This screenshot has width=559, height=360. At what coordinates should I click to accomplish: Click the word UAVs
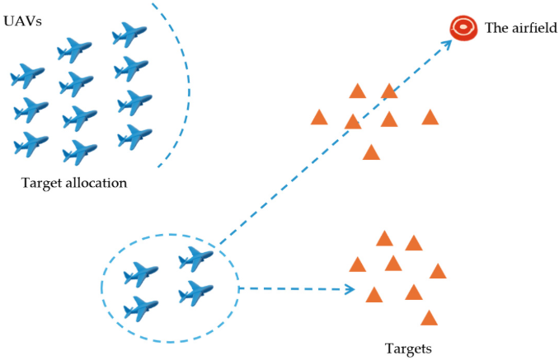[x=22, y=17]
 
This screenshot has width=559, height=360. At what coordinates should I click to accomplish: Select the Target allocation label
[x=73, y=182]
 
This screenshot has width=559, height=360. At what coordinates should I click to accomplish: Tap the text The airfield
[x=521, y=28]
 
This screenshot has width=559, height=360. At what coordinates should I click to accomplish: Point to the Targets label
[x=407, y=348]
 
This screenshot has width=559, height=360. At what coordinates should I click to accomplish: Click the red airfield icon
[x=463, y=29]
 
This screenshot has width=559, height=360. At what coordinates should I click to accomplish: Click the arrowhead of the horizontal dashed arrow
[x=350, y=289]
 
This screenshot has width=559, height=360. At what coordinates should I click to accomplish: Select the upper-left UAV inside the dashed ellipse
[x=145, y=272]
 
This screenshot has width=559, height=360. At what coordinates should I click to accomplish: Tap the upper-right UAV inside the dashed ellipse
[x=195, y=259]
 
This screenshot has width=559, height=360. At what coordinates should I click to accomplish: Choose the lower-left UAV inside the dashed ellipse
[x=141, y=308]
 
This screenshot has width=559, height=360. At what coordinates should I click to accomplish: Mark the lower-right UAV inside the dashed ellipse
[x=195, y=292]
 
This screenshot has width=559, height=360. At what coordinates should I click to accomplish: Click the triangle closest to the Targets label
[x=428, y=318]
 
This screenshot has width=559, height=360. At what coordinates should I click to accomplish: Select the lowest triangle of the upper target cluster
[x=371, y=152]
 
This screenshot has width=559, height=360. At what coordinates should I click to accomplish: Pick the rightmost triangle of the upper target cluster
[x=430, y=118]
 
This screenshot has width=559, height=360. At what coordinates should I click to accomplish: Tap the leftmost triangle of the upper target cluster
[x=320, y=118]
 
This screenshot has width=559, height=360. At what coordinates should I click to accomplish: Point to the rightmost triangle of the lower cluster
[x=438, y=271]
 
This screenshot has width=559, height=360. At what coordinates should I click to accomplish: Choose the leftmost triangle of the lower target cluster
[x=357, y=264]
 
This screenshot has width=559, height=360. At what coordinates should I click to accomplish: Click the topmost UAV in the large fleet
[x=129, y=34]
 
